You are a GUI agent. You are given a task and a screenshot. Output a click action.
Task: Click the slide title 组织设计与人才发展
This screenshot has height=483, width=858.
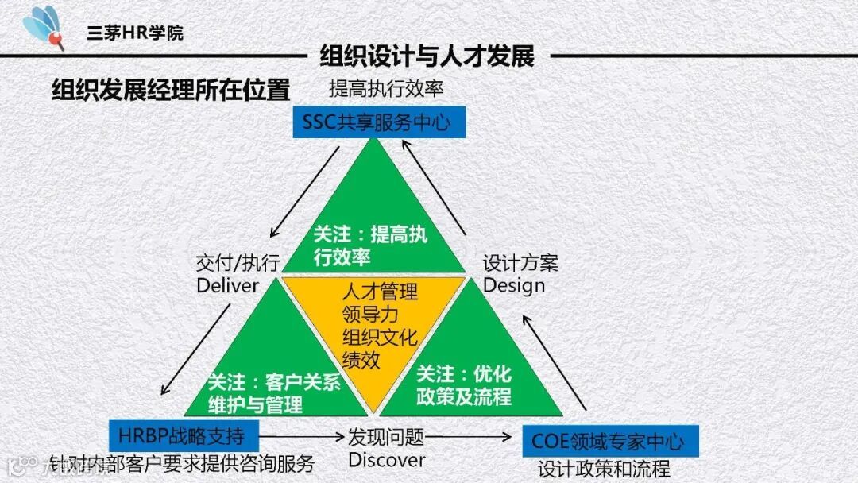click(x=427, y=56)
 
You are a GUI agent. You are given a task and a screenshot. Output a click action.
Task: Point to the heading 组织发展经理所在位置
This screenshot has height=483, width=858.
click(x=171, y=90)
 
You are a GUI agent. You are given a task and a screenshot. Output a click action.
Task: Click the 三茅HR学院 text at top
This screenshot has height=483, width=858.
click(x=135, y=33)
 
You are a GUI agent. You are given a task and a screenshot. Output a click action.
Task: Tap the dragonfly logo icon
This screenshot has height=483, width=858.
click(x=44, y=26)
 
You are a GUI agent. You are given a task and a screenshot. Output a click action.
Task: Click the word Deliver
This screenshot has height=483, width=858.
click(x=228, y=285)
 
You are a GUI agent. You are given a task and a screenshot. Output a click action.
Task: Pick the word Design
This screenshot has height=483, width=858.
click(x=514, y=285)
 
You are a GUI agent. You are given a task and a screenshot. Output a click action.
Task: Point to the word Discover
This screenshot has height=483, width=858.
click(x=387, y=459)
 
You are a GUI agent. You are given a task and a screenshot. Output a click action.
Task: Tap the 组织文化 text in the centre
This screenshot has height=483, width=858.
click(x=380, y=337)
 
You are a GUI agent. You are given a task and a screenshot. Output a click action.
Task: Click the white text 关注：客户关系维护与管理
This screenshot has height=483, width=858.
click(x=273, y=392)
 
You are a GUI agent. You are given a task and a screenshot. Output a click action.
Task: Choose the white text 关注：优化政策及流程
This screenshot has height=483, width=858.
click(x=464, y=384)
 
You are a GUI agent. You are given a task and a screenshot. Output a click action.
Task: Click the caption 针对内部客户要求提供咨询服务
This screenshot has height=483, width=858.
click(x=182, y=463)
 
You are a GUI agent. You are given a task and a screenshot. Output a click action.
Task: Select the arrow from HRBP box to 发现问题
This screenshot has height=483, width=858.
click(x=302, y=435)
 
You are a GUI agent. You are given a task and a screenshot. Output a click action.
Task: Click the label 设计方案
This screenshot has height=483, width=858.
click(x=520, y=262)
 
